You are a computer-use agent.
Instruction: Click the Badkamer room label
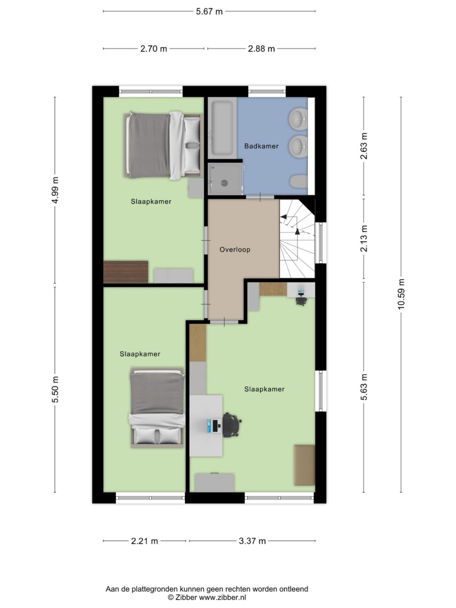(261, 146)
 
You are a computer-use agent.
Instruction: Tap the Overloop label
(235, 250)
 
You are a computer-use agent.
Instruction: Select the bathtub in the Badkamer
(222, 127)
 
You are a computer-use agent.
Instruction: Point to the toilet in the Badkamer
(298, 181)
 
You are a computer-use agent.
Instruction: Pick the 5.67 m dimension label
(209, 12)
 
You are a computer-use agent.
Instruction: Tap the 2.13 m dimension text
(364, 239)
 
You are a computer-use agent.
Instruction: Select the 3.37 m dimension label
(252, 541)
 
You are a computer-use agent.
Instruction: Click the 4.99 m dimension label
(55, 190)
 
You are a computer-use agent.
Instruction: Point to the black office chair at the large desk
(231, 424)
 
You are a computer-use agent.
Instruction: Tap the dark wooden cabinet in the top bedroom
(126, 272)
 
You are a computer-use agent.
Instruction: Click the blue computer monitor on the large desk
(214, 425)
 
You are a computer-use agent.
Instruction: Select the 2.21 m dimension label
(145, 541)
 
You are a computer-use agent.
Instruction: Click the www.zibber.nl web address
(222, 598)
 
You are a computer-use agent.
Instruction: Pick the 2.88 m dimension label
(261, 49)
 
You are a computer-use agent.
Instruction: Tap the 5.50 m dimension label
(55, 390)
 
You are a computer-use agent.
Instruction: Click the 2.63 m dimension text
(364, 146)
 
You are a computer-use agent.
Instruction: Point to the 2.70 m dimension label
(153, 49)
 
